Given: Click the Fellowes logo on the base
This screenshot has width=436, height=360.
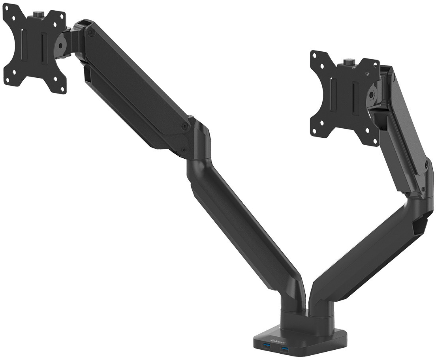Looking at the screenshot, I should tap(275, 338).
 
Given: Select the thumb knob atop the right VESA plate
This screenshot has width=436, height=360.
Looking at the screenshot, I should tap(348, 62).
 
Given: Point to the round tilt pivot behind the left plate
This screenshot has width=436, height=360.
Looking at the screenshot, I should tap(62, 43).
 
